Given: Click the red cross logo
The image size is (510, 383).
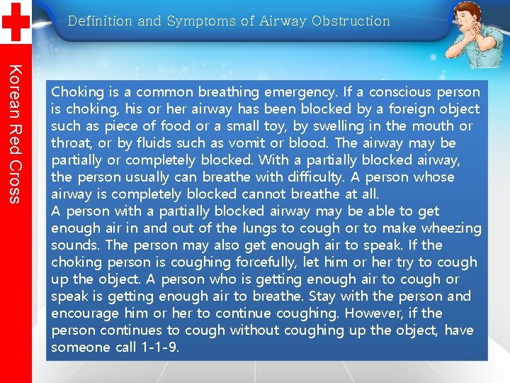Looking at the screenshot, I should pos(15,22).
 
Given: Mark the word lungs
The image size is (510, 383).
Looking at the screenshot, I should pos(261,228).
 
